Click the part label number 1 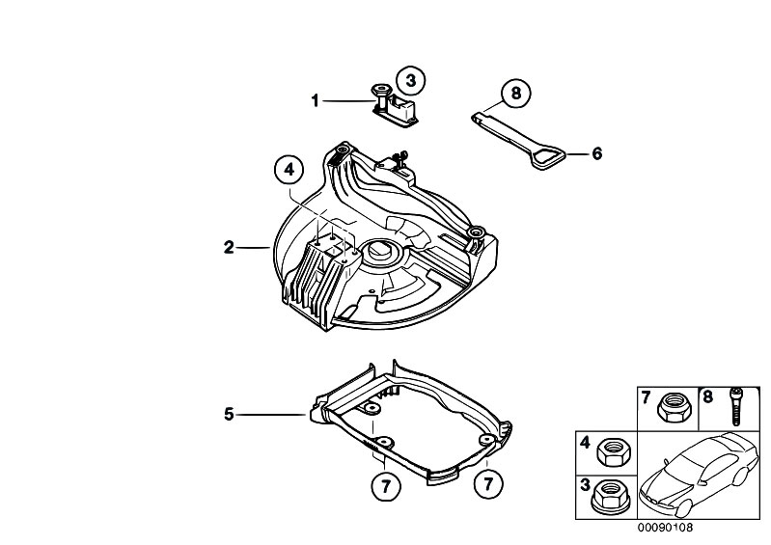pos(315,99)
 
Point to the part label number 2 pos(229,248)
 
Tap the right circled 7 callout pos(488,480)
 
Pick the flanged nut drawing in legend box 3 pos(610,490)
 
